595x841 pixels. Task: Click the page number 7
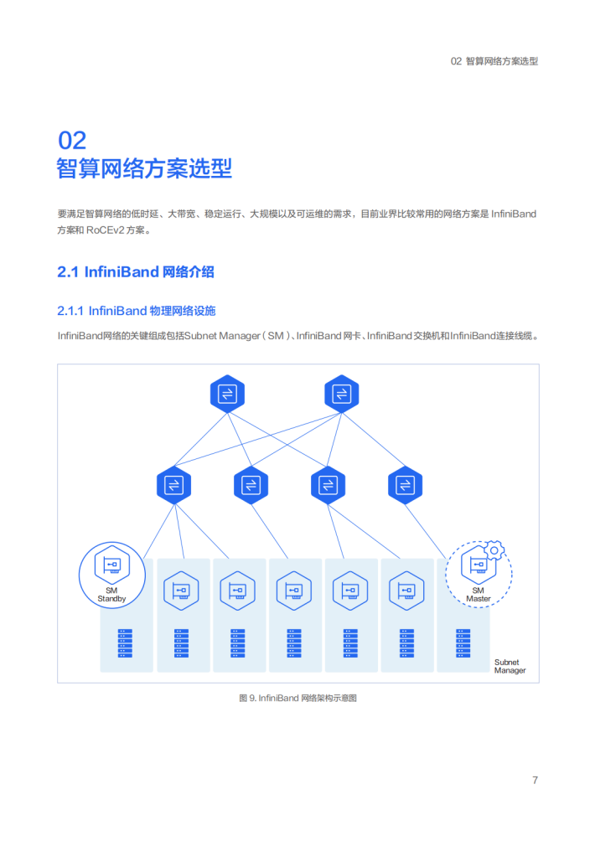coord(535,780)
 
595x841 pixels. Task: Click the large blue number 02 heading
coord(72,141)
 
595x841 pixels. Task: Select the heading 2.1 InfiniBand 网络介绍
coord(136,272)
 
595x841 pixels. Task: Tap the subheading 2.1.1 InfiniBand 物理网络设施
coord(137,311)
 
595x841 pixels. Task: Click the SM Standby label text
coord(111,594)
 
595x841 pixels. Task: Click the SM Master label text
coord(478,594)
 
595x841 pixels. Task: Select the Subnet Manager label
coord(510,666)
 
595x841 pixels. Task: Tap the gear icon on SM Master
coord(494,550)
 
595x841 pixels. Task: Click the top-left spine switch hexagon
coord(227,394)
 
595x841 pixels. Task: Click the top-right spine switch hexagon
coord(342,394)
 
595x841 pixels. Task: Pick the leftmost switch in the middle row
coord(173,485)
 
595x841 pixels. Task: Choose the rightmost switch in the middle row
coord(405,485)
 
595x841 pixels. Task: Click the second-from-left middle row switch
coord(251,485)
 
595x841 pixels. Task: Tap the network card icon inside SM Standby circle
coord(112,565)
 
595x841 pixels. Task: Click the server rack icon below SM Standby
coord(125,643)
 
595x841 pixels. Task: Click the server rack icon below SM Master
coord(463,643)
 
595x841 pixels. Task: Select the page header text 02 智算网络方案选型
coord(494,61)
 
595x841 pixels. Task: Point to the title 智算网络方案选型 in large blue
coord(145,168)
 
